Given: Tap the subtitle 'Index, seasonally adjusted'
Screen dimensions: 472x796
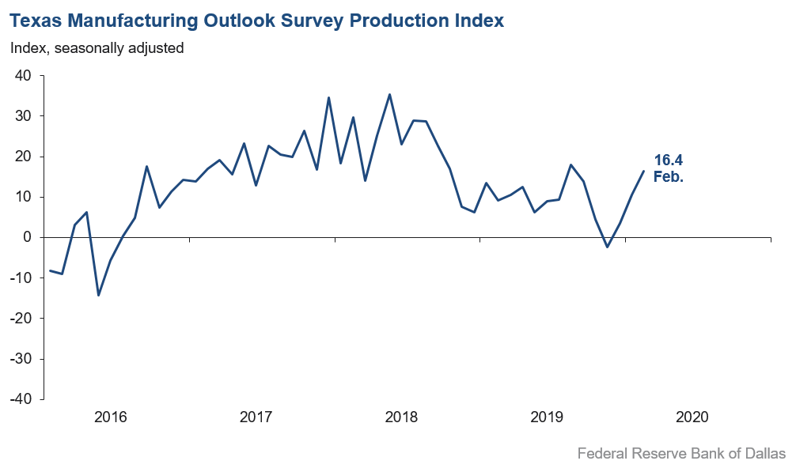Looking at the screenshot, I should pyautogui.click(x=97, y=48).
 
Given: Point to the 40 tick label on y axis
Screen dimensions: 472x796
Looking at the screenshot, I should pyautogui.click(x=23, y=76).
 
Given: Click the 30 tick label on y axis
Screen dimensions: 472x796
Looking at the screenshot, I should pyautogui.click(x=23, y=116).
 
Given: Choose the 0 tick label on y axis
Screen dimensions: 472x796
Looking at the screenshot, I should pyautogui.click(x=27, y=237).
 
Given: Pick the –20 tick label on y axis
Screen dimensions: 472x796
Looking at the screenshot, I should pyautogui.click(x=21, y=319).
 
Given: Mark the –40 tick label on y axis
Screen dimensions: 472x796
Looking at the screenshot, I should pyautogui.click(x=21, y=399).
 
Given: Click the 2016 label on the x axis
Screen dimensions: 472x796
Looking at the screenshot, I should pyautogui.click(x=110, y=417).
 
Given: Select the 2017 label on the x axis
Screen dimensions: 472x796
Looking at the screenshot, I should pyautogui.click(x=256, y=417).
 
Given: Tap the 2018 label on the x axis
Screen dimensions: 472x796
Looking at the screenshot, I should pyautogui.click(x=401, y=417).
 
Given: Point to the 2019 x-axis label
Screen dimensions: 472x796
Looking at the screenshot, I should pyautogui.click(x=547, y=417).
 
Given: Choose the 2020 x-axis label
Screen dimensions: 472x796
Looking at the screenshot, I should pyautogui.click(x=692, y=417).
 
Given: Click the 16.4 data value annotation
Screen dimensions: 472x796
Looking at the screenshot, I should pyautogui.click(x=669, y=160).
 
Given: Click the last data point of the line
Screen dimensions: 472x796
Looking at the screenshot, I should pyautogui.click(x=643, y=171).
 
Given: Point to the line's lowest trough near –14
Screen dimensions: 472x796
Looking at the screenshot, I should pyautogui.click(x=99, y=295).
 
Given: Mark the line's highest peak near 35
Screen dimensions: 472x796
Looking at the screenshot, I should pyautogui.click(x=389, y=95).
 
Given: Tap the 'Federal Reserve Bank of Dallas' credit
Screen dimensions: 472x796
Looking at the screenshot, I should pyautogui.click(x=681, y=454).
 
